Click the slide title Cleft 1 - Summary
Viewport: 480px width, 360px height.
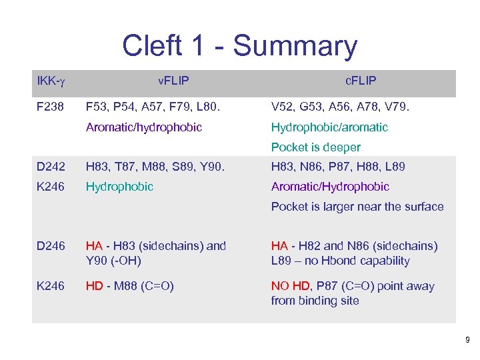pyautogui.click(x=239, y=46)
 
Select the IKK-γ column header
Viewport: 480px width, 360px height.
pyautogui.click(x=51, y=81)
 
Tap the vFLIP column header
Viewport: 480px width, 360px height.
pyautogui.click(x=173, y=81)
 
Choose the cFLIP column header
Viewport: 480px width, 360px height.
pyautogui.click(x=361, y=81)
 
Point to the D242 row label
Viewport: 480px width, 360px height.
pyautogui.click(x=51, y=167)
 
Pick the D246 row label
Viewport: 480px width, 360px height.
pyautogui.click(x=51, y=247)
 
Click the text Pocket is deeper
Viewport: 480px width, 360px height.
pyautogui.click(x=315, y=147)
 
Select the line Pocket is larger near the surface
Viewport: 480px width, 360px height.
pyautogui.click(x=357, y=207)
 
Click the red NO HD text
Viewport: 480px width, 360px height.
pyautogui.click(x=291, y=287)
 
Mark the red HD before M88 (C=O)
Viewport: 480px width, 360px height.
pyautogui.click(x=94, y=287)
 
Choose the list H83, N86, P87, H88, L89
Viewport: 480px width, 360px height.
pyautogui.click(x=338, y=167)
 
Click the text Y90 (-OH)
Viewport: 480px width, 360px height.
pyautogui.click(x=113, y=261)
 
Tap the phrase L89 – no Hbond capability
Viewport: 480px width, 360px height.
pyautogui.click(x=340, y=261)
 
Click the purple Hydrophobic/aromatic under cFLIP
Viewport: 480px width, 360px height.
pyautogui.click(x=329, y=127)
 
